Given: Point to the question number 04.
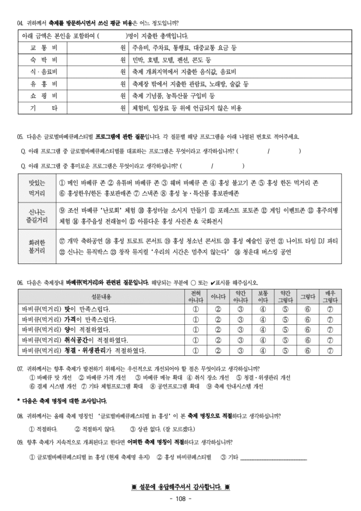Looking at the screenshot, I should pyautogui.click(x=20, y=23).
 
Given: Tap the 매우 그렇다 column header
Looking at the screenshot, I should pyautogui.click(x=330, y=296).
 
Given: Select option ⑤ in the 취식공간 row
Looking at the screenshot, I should pyautogui.click(x=285, y=340).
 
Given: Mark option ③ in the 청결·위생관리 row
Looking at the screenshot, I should pyautogui.click(x=240, y=350).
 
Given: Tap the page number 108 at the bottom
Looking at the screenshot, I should pyautogui.click(x=180, y=499).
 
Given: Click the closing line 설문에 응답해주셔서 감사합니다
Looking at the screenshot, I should pyautogui.click(x=180, y=488).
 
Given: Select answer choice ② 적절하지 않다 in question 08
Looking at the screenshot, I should pyautogui.click(x=95, y=429).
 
